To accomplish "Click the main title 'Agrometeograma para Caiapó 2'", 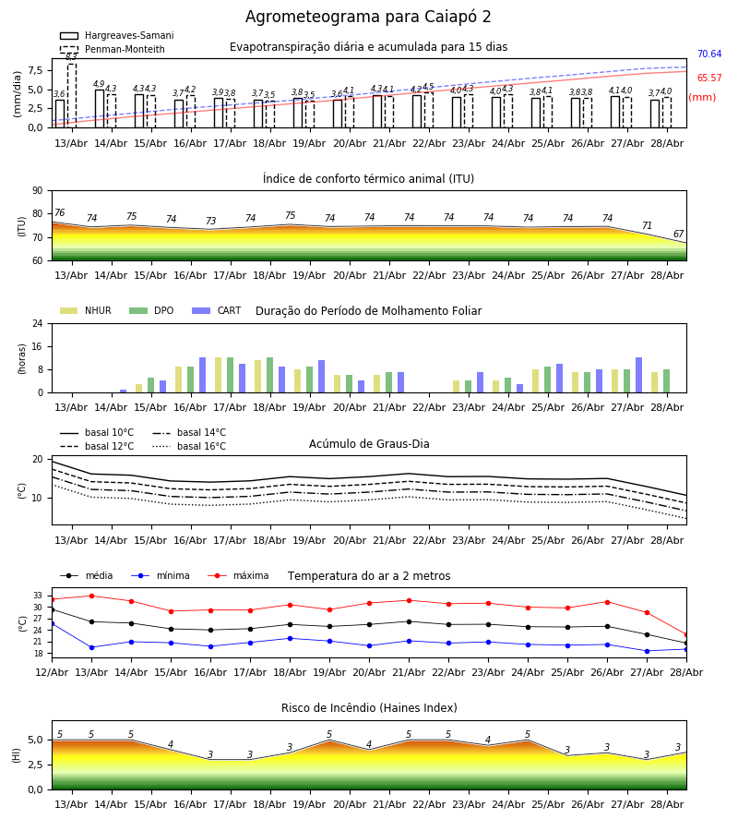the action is [368, 17].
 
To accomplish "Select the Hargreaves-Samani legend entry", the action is [116, 35].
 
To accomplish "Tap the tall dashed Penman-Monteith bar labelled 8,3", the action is [72, 95].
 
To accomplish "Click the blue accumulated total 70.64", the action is [709, 54].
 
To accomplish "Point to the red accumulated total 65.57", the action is [709, 78].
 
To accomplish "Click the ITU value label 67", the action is [678, 234].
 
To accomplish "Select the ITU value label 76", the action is [59, 212].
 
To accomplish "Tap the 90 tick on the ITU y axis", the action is [38, 191].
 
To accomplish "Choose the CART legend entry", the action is [217, 310].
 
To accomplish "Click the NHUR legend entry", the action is [86, 310].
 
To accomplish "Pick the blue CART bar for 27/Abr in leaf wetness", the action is [639, 375].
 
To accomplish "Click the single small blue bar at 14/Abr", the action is [124, 391].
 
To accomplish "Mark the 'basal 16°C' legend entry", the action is [189, 446].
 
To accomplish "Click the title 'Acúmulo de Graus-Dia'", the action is [369, 443].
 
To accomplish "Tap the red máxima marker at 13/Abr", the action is [91, 596].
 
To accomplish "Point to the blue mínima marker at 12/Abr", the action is [52, 624].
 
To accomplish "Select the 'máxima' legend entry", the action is [238, 575].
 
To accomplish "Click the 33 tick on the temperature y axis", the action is [38, 596].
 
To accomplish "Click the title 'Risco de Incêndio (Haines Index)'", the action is [369, 708].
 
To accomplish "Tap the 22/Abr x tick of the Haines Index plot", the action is [429, 804].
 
